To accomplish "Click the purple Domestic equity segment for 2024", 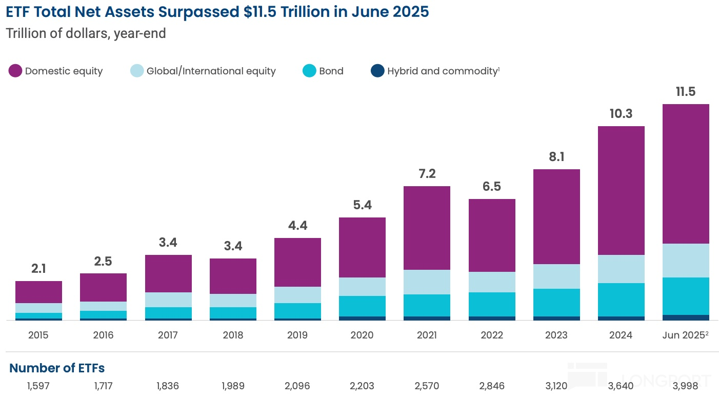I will coord(621,190).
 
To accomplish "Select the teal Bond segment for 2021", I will coord(427,305).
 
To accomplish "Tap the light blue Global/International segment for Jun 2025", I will coord(686,261).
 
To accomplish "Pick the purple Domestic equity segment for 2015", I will coord(38,292).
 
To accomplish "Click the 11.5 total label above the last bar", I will coord(686,92).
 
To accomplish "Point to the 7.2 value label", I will coord(427,174).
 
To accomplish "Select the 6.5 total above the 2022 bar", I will coord(491,187).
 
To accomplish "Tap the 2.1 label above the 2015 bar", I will coord(38,269).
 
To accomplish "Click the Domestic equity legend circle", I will coord(15,71).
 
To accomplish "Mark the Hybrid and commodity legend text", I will coord(442,71).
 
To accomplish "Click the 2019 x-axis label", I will coord(297,335).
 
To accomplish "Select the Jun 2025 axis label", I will coord(684,335).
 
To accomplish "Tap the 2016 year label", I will coord(103,335).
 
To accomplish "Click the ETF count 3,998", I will coord(686,386).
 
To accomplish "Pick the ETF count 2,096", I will coord(297,386).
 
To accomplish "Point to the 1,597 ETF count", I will coord(38,386).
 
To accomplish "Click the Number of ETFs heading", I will coord(57,368).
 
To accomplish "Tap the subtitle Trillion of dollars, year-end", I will coord(86,34).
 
